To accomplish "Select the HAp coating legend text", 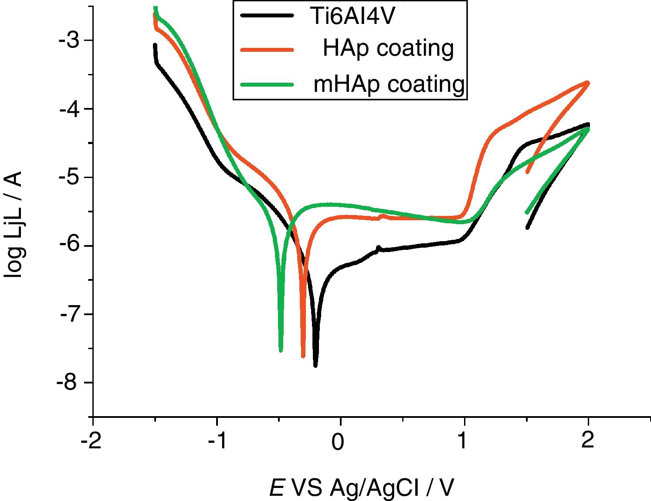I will click(388, 48).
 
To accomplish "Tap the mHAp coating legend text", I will click(389, 83).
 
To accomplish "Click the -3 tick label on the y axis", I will click(68, 40).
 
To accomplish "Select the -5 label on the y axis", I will click(68, 177).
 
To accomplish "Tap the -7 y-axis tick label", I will click(68, 314).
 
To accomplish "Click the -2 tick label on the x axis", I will click(92, 441).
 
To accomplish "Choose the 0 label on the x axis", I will click(338, 441).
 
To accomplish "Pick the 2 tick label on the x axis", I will click(588, 441).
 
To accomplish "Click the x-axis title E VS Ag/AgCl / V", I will click(362, 488).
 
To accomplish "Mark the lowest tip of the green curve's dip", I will click(281, 350).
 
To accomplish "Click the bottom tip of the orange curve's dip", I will click(303, 356).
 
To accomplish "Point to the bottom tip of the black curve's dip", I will click(315, 366).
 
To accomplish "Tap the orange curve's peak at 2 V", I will click(588, 82).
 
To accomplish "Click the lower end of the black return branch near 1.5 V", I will click(528, 228).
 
